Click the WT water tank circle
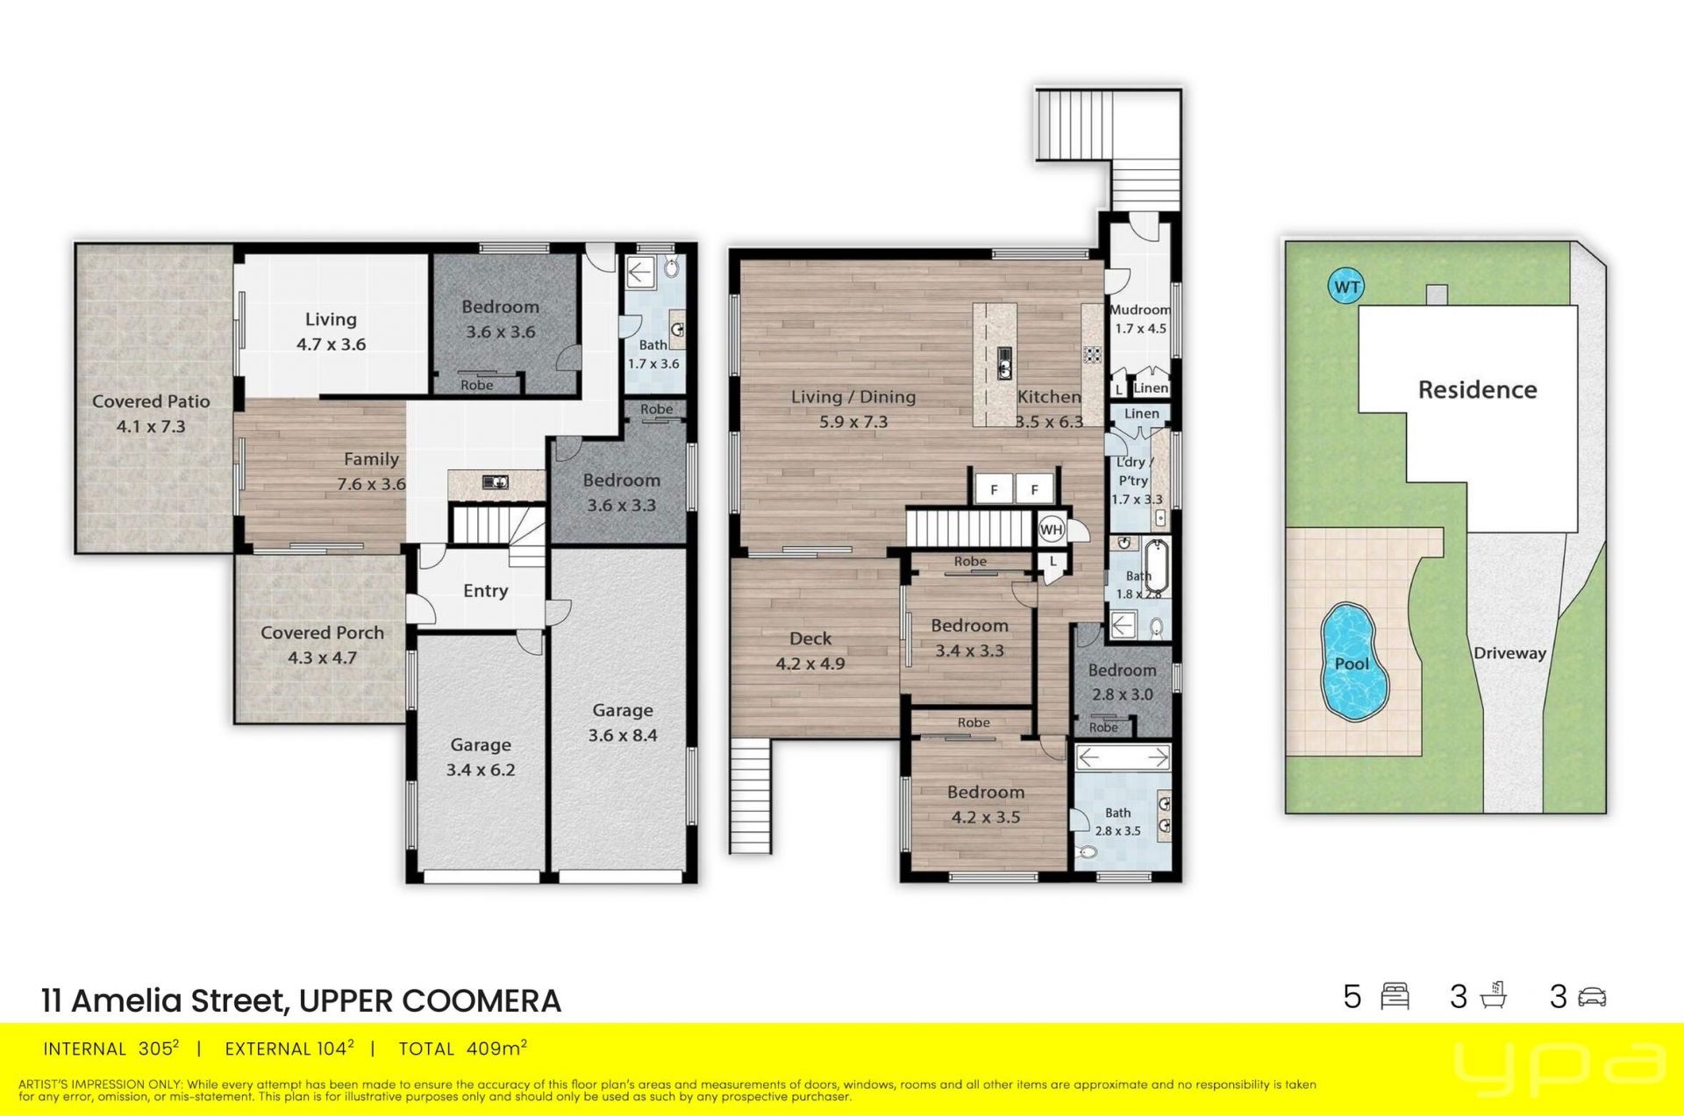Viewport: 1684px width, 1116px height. click(x=1346, y=287)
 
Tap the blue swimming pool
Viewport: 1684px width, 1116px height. click(x=1354, y=661)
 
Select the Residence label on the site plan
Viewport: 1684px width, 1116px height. click(x=1477, y=389)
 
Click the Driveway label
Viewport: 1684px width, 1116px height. click(x=1509, y=653)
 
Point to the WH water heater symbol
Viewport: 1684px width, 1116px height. click(x=1051, y=529)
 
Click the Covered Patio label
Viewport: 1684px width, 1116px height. click(x=151, y=402)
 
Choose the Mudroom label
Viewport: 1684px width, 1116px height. click(x=1140, y=309)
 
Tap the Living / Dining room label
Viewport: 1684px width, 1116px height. click(x=853, y=397)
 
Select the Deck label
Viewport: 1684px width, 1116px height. click(x=810, y=638)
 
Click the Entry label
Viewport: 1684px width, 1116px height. click(x=485, y=591)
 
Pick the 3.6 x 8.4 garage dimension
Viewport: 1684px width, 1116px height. click(x=622, y=736)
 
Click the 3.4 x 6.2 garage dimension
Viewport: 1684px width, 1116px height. click(x=480, y=770)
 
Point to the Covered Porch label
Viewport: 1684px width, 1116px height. click(x=322, y=632)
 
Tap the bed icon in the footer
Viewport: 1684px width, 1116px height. click(x=1395, y=997)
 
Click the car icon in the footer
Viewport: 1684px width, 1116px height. click(x=1592, y=997)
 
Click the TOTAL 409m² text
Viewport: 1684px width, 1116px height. click(x=462, y=1048)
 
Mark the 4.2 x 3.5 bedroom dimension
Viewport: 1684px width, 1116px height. click(x=986, y=817)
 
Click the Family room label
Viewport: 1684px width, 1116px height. click(x=371, y=458)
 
